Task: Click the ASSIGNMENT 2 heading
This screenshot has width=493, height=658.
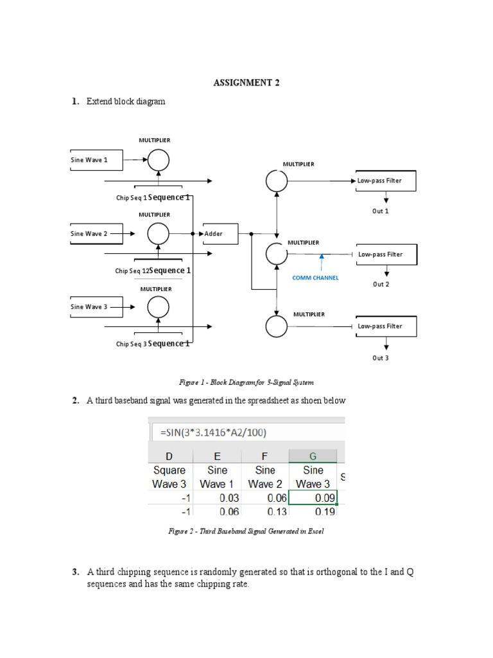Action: click(x=246, y=83)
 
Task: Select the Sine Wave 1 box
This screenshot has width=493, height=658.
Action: click(x=96, y=160)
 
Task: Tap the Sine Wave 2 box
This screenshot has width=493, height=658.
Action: click(x=96, y=234)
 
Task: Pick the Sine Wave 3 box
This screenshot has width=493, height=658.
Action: click(x=96, y=307)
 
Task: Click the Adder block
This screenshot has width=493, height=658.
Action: click(x=219, y=234)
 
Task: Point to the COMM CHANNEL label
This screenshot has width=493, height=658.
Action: click(x=315, y=278)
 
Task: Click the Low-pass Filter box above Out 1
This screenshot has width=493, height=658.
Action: click(x=386, y=181)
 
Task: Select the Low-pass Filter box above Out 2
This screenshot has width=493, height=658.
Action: click(x=386, y=254)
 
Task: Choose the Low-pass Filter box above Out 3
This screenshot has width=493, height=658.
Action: click(x=386, y=326)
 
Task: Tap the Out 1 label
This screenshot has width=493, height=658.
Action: click(x=381, y=211)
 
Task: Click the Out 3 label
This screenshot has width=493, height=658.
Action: click(x=381, y=358)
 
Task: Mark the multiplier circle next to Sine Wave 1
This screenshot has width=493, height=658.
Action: click(x=159, y=159)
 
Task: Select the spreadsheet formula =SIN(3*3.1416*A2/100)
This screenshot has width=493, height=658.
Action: click(x=213, y=432)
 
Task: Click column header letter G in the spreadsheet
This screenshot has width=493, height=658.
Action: click(x=313, y=456)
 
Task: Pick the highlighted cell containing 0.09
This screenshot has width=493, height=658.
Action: click(x=313, y=497)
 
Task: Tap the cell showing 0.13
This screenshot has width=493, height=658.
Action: click(x=265, y=511)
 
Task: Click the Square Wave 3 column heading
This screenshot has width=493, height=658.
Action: click(x=170, y=477)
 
